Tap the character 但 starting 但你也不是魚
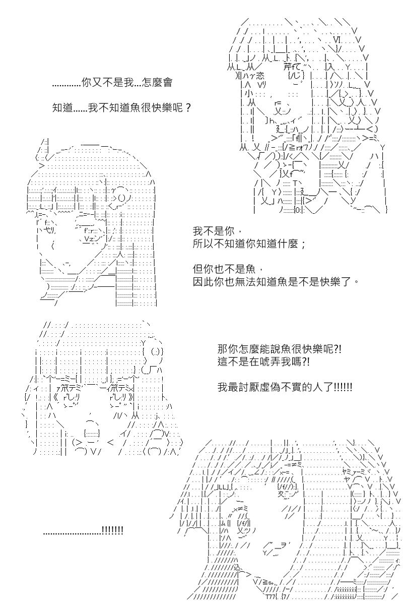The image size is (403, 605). click(198, 269)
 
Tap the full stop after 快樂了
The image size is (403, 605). click(356, 282)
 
